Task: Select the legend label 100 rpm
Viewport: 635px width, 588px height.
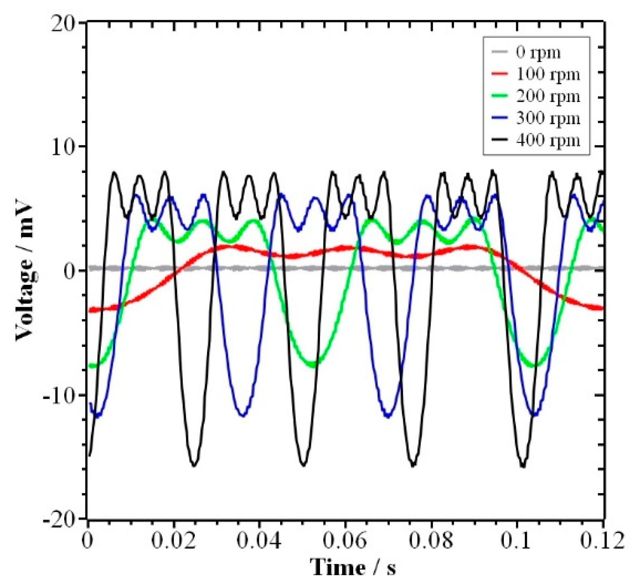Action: [548, 75]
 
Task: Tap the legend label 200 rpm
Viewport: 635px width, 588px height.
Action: [548, 97]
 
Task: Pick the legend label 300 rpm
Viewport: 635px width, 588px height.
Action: [548, 119]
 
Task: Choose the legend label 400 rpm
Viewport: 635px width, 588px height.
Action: [548, 141]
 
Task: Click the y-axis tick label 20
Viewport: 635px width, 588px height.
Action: [63, 24]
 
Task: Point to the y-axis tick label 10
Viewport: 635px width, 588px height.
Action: [63, 148]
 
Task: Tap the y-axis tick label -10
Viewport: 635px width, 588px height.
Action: [59, 395]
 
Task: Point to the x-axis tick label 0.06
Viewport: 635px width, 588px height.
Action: [345, 541]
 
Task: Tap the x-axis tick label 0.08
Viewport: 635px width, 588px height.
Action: [431, 541]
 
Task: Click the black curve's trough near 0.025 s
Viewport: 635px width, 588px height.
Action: [194, 465]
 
